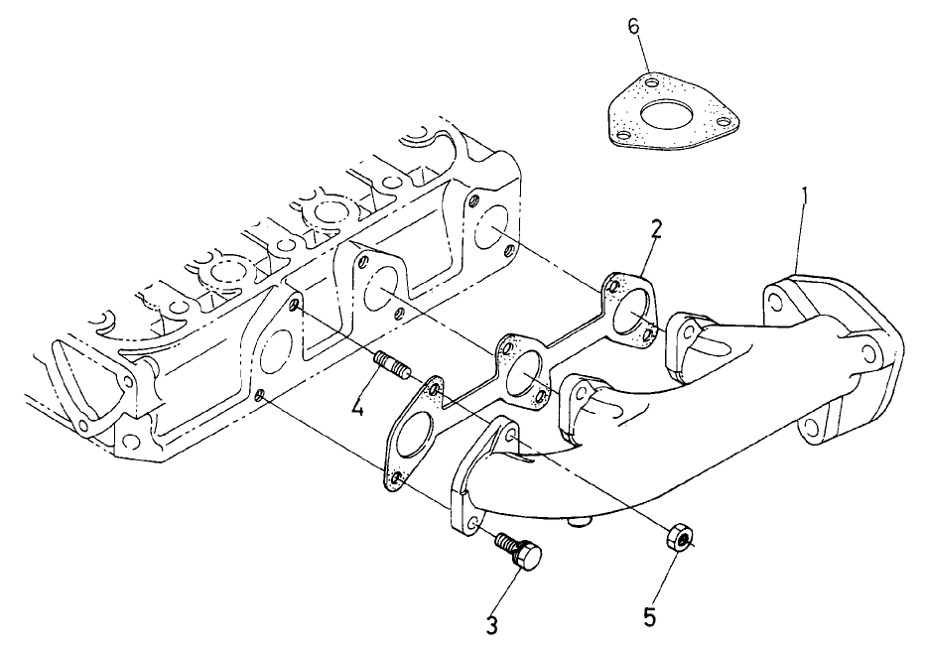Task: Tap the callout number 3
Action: pos(490,624)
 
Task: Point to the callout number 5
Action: pos(649,616)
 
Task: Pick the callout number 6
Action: pos(633,26)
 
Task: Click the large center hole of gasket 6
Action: pos(668,117)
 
